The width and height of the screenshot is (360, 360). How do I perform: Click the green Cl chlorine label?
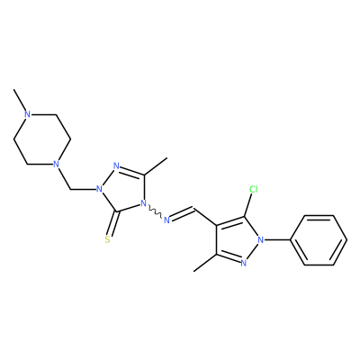(254, 189)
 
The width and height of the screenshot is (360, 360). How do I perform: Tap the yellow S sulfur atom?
(108, 239)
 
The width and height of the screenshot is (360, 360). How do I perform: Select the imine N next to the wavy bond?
(167, 220)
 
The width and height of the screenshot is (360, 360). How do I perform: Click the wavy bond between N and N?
(155, 212)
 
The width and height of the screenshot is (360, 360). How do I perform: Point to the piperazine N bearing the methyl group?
(28, 114)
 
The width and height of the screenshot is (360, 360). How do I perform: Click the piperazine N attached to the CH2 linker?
(56, 164)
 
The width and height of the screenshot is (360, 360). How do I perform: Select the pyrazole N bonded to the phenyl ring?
(261, 239)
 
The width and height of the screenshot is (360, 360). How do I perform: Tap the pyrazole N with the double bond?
(243, 264)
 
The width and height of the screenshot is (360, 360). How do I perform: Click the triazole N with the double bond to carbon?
(117, 166)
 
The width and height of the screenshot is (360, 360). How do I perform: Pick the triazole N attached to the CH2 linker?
(98, 190)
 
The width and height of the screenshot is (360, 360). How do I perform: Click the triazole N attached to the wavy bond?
(143, 204)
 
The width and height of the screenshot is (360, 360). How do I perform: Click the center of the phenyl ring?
(319, 240)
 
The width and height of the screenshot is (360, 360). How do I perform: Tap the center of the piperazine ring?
(41, 139)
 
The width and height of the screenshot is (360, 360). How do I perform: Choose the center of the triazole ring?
(124, 190)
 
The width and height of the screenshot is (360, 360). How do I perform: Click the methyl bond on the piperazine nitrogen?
(20, 101)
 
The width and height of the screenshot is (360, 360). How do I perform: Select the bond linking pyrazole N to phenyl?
(277, 239)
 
